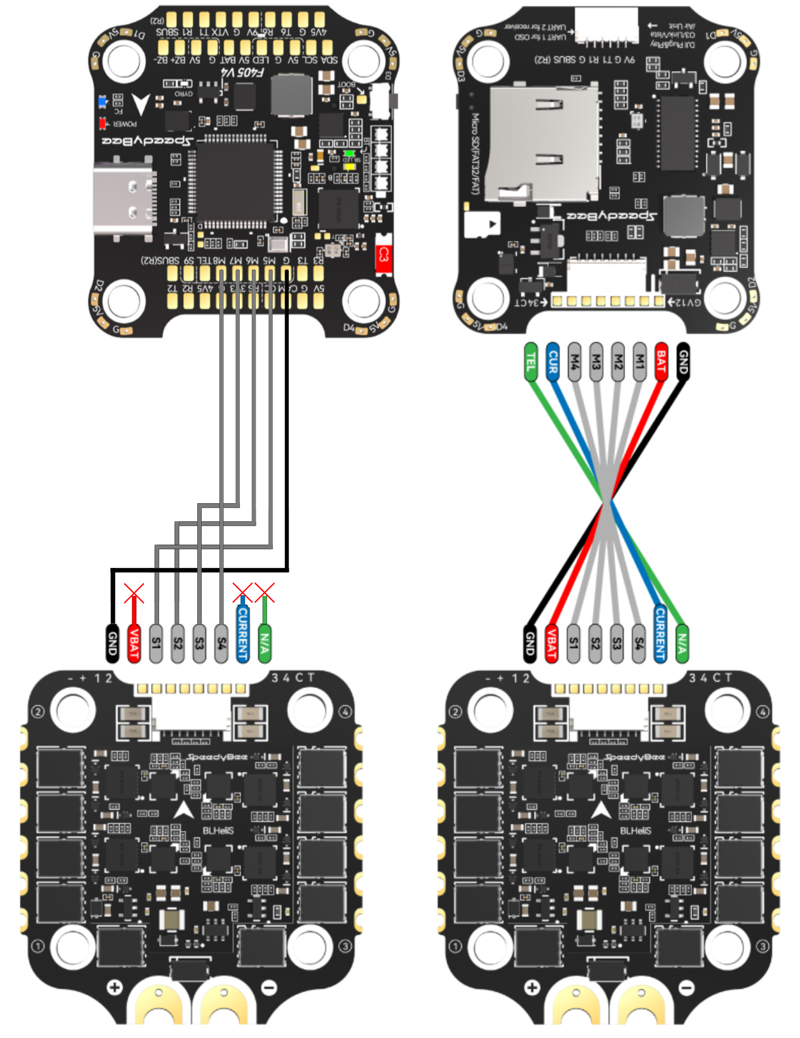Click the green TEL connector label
click(x=531, y=362)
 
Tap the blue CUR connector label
click(x=552, y=362)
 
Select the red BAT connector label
click(x=661, y=362)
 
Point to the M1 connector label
click(x=639, y=362)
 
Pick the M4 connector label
click(x=574, y=362)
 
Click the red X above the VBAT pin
click(x=134, y=593)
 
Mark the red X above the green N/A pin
click(x=265, y=592)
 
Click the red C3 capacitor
click(x=384, y=254)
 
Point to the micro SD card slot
click(x=543, y=145)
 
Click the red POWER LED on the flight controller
click(x=103, y=123)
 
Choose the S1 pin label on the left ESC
click(x=156, y=643)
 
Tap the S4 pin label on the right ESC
click(x=639, y=643)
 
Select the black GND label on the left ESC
click(x=113, y=643)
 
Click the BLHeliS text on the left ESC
click(x=218, y=831)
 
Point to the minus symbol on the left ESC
click(x=269, y=987)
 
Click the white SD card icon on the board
click(x=482, y=225)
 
